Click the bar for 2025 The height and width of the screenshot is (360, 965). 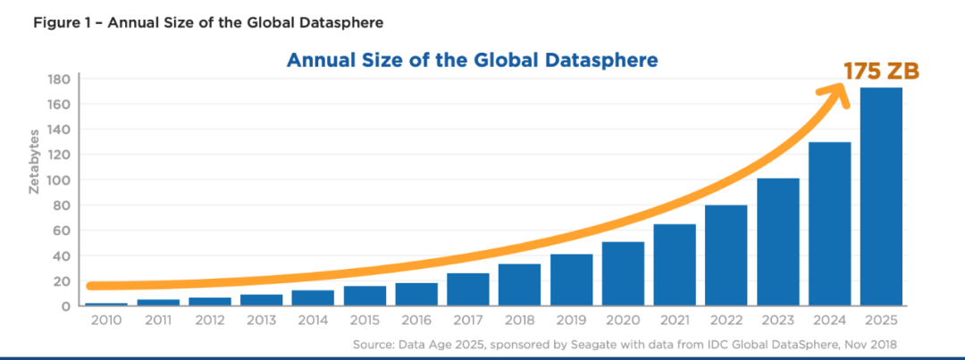pos(881,197)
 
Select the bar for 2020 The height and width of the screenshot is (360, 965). pos(623,273)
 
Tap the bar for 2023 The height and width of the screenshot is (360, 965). pos(777,242)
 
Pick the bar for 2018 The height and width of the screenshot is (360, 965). pos(519,285)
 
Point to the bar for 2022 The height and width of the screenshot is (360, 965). pos(726,255)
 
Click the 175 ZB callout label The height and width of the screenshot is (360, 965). pos(880,72)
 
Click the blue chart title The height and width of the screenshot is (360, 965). pos(472,61)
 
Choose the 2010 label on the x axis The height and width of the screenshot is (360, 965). pos(106,321)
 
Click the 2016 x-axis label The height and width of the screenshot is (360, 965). pos(416,321)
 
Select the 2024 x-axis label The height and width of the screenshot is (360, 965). pos(829,321)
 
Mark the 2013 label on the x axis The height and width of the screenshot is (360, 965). pos(261,321)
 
